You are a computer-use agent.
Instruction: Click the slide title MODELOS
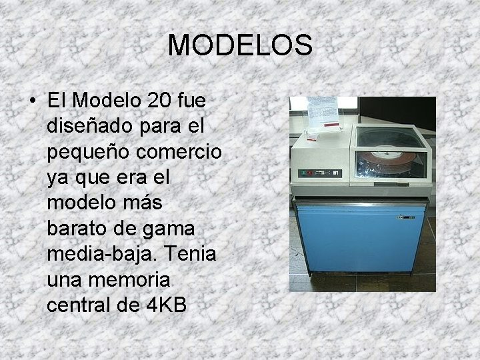coord(240,45)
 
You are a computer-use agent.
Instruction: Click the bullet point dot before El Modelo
coord(33,102)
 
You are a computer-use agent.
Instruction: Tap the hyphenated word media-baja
coord(96,254)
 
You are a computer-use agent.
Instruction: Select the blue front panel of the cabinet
coord(360,240)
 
